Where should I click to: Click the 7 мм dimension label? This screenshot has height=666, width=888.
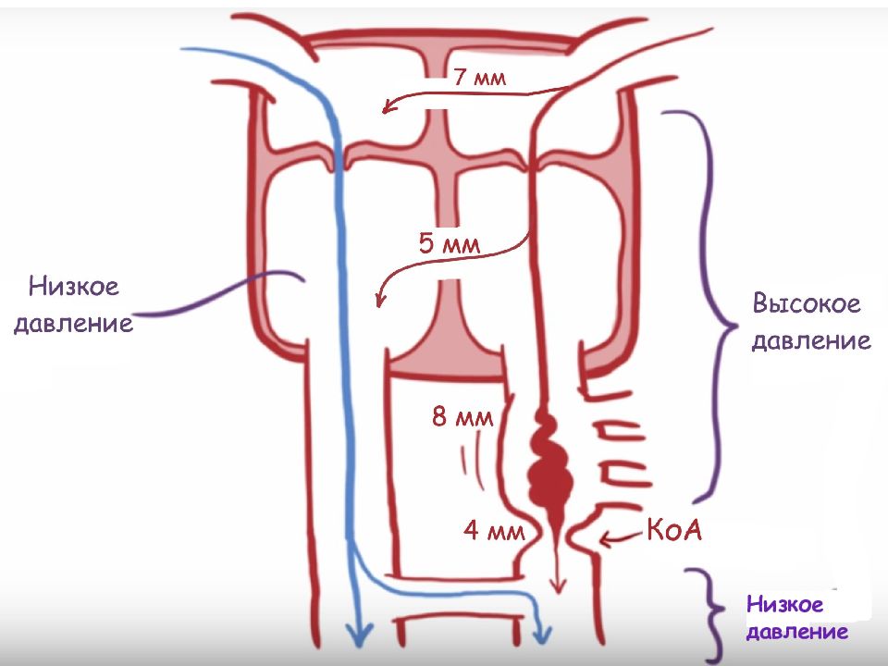480,77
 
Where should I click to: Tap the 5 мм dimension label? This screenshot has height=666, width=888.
450,243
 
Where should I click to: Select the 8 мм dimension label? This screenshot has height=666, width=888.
462,416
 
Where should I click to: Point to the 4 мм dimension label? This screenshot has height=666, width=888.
494,531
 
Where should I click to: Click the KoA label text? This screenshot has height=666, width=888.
674,530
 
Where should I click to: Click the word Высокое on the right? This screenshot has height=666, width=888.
807,303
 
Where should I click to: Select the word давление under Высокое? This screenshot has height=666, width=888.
811,341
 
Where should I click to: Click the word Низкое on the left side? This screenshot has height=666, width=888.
74,286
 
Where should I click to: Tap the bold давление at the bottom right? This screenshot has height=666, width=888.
797,632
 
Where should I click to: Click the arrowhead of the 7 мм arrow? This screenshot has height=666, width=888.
388,106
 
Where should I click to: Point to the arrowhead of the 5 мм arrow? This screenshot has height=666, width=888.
380,299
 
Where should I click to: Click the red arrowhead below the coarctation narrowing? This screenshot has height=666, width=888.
559,586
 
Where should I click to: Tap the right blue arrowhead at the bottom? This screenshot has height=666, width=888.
542,633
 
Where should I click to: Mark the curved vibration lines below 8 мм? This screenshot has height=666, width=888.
473,459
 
